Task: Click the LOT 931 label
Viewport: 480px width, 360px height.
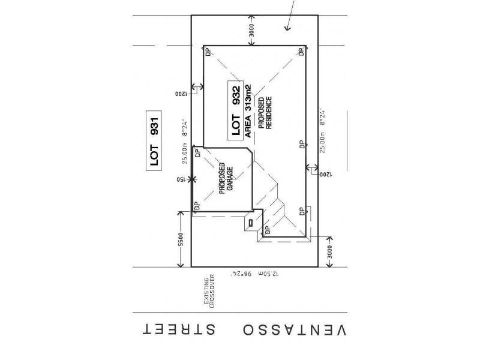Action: point(154,143)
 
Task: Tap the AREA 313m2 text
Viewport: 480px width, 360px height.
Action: point(248,111)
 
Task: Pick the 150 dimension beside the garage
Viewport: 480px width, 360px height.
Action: point(179,179)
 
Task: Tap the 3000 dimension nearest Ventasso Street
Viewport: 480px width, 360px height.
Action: point(328,254)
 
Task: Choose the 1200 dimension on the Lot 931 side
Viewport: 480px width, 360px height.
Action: point(181,94)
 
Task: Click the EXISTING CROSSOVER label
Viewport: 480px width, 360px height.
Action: point(209,293)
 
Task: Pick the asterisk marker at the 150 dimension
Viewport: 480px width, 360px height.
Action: point(191,179)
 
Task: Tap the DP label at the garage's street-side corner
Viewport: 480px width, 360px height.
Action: point(196,206)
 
